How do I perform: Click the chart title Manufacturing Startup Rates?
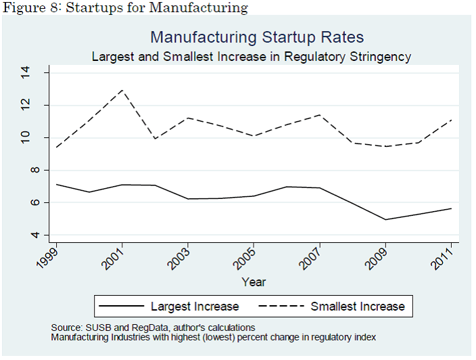257,37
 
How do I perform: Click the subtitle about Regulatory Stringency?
251,57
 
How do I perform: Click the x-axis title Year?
254,282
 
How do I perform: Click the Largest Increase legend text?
195,307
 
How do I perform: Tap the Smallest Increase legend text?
357,307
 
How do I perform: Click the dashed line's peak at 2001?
122,90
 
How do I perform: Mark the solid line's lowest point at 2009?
385,219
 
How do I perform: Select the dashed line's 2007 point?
320,115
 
